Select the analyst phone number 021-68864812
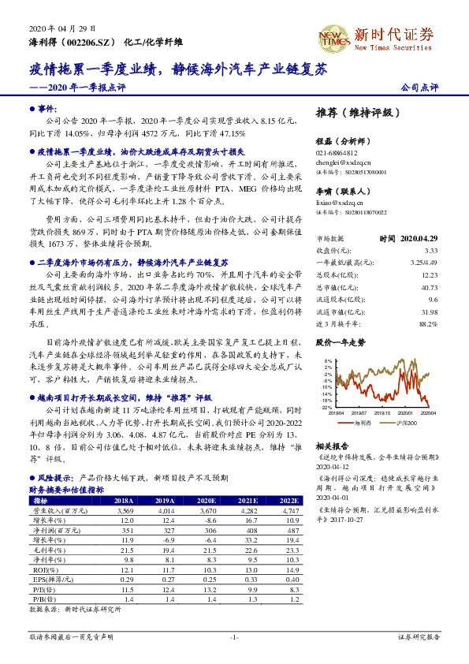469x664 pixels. (337, 153)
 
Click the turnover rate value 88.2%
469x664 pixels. (428, 323)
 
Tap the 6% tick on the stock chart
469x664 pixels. (328, 367)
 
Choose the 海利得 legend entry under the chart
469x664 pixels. (363, 423)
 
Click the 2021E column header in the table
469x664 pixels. (247, 501)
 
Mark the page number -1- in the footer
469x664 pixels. (234, 636)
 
